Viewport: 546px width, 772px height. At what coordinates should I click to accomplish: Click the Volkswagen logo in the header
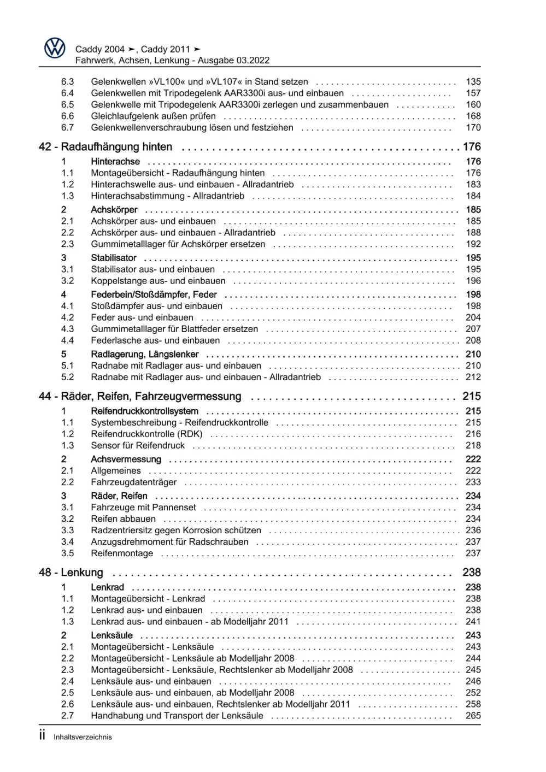[x=55, y=49]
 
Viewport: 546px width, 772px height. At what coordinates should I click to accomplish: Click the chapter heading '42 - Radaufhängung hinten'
[x=105, y=147]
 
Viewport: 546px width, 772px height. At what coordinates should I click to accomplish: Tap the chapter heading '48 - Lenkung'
[x=71, y=573]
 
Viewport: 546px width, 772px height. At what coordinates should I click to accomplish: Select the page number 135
[x=473, y=82]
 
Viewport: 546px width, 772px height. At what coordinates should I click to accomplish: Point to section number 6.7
[x=67, y=128]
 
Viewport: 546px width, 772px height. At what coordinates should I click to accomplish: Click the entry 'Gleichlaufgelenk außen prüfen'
[x=153, y=116]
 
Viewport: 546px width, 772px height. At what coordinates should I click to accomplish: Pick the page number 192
[x=473, y=244]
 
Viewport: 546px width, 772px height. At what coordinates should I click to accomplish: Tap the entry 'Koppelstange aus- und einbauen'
[x=158, y=281]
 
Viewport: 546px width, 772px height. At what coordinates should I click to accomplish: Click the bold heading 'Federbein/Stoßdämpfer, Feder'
[x=154, y=294]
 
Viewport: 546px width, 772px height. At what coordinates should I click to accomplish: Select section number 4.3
[x=67, y=329]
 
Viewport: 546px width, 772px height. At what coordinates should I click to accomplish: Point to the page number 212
[x=473, y=377]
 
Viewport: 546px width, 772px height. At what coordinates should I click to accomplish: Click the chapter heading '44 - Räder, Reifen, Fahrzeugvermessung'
[x=140, y=397]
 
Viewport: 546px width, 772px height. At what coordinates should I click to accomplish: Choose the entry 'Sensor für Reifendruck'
[x=138, y=445]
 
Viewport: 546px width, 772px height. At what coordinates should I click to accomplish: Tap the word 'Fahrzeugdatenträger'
[x=134, y=482]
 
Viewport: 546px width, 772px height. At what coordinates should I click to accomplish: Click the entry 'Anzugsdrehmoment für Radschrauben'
[x=169, y=542]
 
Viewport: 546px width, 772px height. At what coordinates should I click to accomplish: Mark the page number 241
[x=473, y=622]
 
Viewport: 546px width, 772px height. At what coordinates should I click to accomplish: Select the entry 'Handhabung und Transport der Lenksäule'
[x=177, y=716]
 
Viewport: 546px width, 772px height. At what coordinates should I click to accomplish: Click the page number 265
[x=473, y=716]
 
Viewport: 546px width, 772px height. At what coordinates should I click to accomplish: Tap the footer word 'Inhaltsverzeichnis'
[x=83, y=737]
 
